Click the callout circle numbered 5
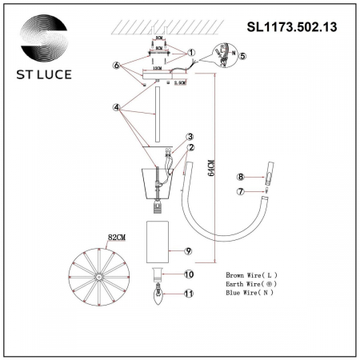coord(243,56)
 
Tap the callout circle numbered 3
coord(190,137)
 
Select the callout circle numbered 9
coord(190,251)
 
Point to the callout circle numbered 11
coord(190,294)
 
